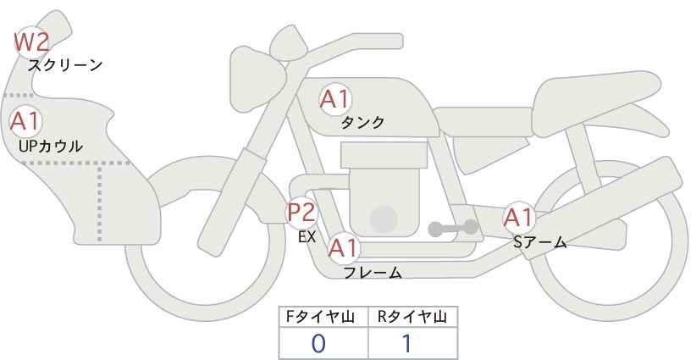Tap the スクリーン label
point(65,65)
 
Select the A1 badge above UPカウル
point(25,121)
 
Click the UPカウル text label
point(50,146)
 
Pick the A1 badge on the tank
point(334,100)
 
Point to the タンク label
point(362,122)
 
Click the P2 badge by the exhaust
point(301,212)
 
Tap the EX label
point(307,236)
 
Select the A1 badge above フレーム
point(343,249)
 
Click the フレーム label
point(373,272)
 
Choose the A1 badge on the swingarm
point(518,219)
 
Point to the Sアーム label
point(539,242)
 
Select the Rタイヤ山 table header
point(412,316)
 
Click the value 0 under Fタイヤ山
point(318,343)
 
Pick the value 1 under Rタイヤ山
point(406,343)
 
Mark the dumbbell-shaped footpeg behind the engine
point(453,227)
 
